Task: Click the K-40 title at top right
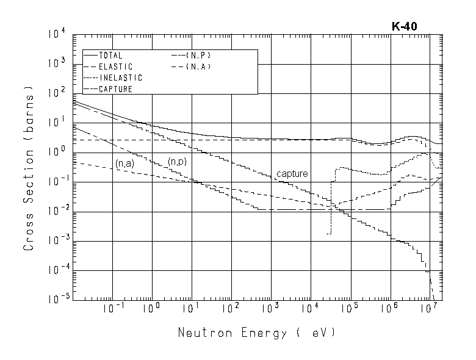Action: pos(404,26)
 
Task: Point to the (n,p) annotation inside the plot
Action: pos(178,162)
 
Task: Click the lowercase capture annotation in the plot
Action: pos(292,174)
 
